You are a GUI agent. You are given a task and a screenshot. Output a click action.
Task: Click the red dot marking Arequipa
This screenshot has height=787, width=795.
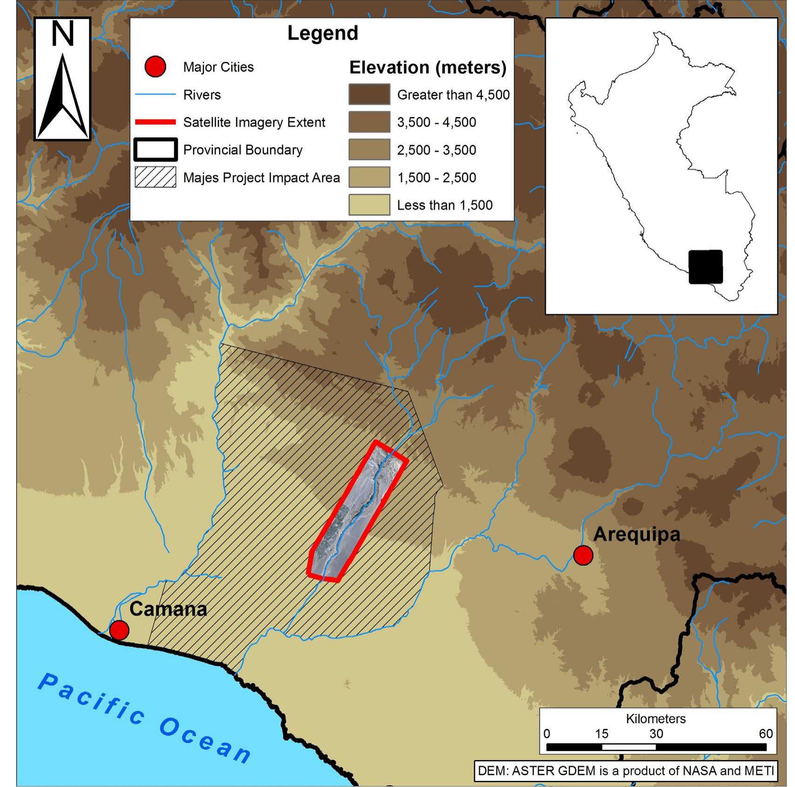(x=583, y=555)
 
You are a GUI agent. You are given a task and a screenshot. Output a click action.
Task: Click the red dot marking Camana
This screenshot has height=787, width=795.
(x=119, y=630)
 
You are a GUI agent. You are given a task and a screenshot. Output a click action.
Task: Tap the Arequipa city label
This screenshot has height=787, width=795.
(x=636, y=534)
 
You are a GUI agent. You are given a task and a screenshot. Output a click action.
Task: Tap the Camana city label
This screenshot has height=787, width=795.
(x=168, y=609)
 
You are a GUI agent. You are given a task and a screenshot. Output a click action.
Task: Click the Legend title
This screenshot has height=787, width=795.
(x=322, y=33)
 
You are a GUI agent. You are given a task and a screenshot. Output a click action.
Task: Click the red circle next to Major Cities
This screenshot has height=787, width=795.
(x=155, y=67)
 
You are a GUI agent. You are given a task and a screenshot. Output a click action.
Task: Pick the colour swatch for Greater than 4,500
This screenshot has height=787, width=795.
(x=369, y=95)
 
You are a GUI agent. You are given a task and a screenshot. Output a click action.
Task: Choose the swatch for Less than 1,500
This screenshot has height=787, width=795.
(x=369, y=205)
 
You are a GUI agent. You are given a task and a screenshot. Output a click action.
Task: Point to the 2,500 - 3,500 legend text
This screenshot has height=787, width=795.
(x=436, y=150)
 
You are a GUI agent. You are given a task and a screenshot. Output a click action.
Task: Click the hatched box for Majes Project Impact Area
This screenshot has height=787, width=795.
(x=155, y=177)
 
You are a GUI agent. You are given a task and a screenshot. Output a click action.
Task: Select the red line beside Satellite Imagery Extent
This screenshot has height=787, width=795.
(x=155, y=122)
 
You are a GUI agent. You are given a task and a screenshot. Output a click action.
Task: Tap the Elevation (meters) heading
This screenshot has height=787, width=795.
(x=428, y=68)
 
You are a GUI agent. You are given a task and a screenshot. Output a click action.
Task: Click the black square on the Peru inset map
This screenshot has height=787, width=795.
(x=705, y=267)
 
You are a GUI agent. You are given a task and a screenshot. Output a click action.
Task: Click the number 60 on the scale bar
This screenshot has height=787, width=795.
(x=765, y=734)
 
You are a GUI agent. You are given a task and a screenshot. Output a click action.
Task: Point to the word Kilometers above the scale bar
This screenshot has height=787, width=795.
(x=655, y=719)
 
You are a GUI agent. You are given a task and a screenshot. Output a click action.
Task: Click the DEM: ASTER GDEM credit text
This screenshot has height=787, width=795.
(x=625, y=771)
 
